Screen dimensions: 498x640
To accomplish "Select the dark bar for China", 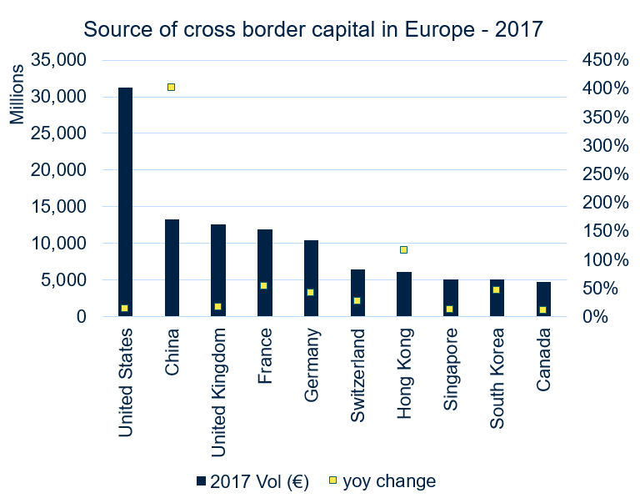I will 172,268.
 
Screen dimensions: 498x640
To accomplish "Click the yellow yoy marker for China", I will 172,87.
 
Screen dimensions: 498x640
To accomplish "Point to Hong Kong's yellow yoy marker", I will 403,249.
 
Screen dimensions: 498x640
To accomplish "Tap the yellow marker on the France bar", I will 264,285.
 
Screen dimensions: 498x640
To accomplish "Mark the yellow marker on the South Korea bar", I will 496,289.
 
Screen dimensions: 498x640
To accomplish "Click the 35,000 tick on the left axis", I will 57,60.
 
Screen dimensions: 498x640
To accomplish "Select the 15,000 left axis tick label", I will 57,207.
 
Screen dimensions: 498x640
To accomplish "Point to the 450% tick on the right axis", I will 605,60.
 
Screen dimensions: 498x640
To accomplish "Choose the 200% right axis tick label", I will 605,203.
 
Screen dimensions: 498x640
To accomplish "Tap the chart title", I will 312,30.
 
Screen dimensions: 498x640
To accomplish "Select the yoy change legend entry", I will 382,481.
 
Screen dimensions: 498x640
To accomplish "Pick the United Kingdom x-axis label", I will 218,393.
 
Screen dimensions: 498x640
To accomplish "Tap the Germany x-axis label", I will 311,366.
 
